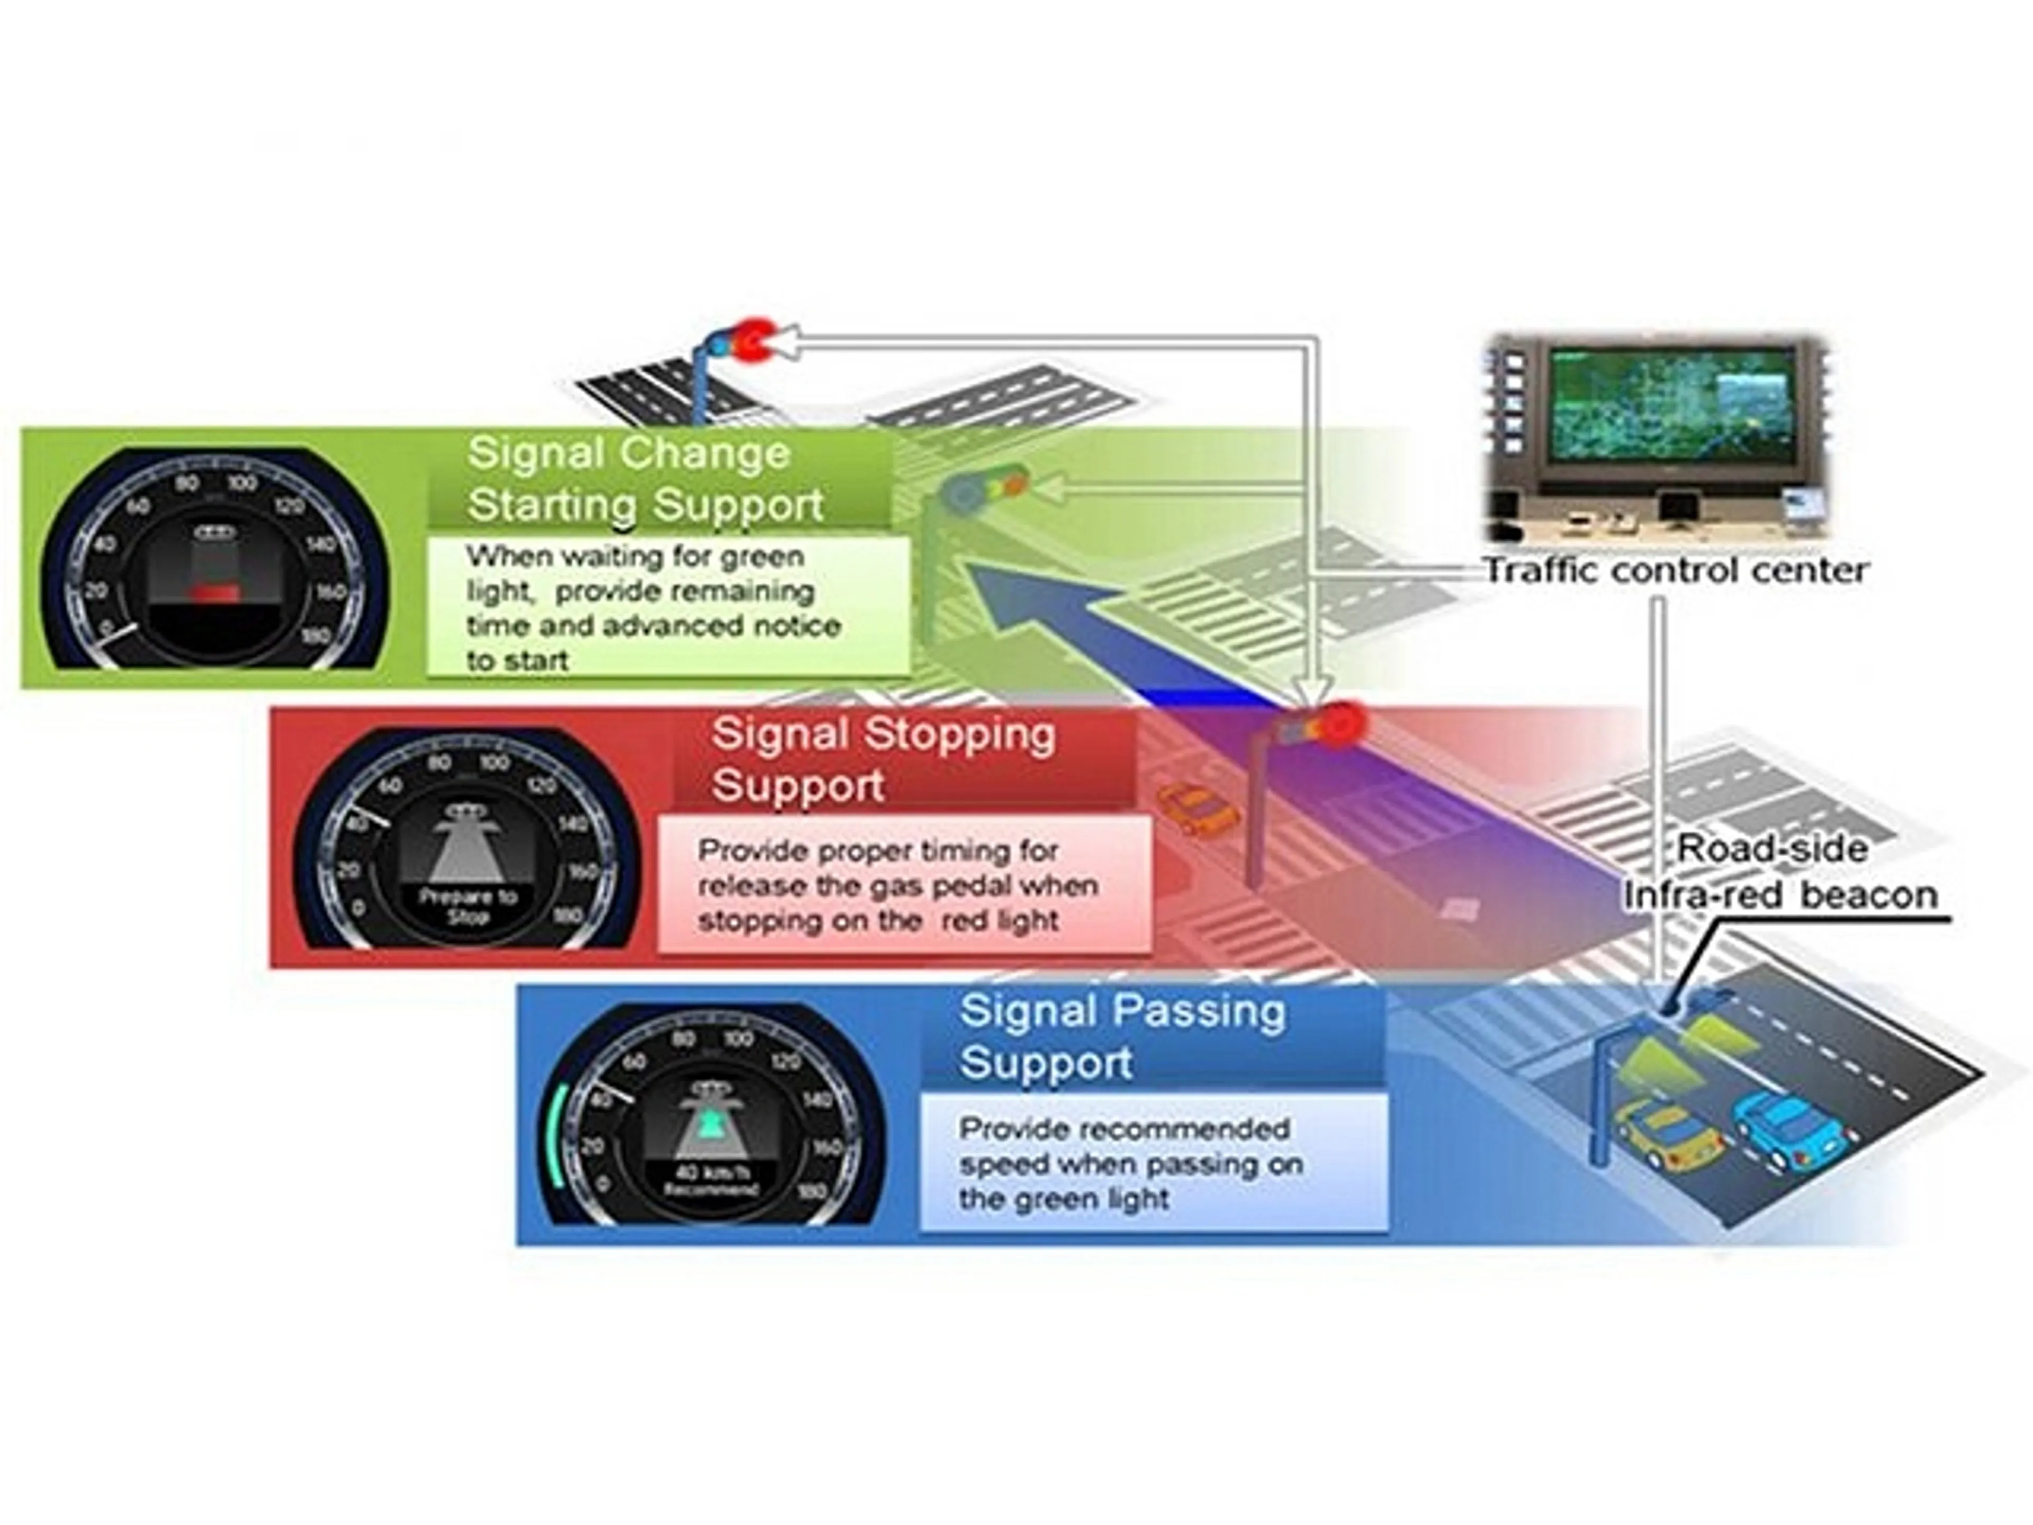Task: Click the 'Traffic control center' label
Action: (x=1676, y=571)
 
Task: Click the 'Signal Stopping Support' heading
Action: (x=883, y=759)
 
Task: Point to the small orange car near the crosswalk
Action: (x=1196, y=809)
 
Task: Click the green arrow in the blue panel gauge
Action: (x=709, y=1123)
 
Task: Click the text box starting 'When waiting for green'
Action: (x=667, y=607)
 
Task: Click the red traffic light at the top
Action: (x=755, y=341)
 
